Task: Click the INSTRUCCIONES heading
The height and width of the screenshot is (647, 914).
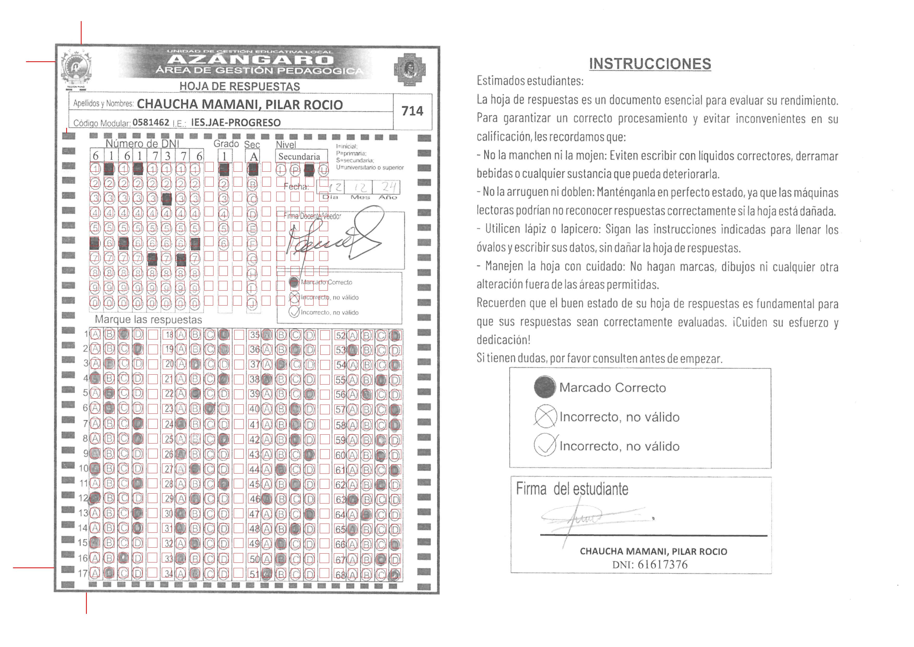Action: pyautogui.click(x=650, y=64)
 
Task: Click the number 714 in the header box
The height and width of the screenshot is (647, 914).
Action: pyautogui.click(x=412, y=111)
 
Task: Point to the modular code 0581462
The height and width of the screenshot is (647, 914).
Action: pyautogui.click(x=151, y=122)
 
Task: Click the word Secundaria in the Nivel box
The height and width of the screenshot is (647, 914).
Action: pyautogui.click(x=299, y=157)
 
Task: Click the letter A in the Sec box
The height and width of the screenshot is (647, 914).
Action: pyautogui.click(x=254, y=157)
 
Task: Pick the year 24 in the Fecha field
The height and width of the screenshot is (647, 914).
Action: pyautogui.click(x=388, y=187)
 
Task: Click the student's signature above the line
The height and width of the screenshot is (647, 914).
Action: pyautogui.click(x=589, y=518)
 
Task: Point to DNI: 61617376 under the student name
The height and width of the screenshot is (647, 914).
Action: pyautogui.click(x=650, y=565)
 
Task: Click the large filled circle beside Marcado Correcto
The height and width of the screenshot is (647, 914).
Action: pyautogui.click(x=545, y=387)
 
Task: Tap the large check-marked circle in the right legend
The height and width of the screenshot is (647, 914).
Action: pyautogui.click(x=545, y=445)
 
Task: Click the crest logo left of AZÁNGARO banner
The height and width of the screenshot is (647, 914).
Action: pyautogui.click(x=76, y=68)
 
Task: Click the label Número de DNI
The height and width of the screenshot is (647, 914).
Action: pyautogui.click(x=142, y=143)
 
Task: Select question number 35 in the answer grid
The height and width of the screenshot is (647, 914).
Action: pyautogui.click(x=254, y=335)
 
